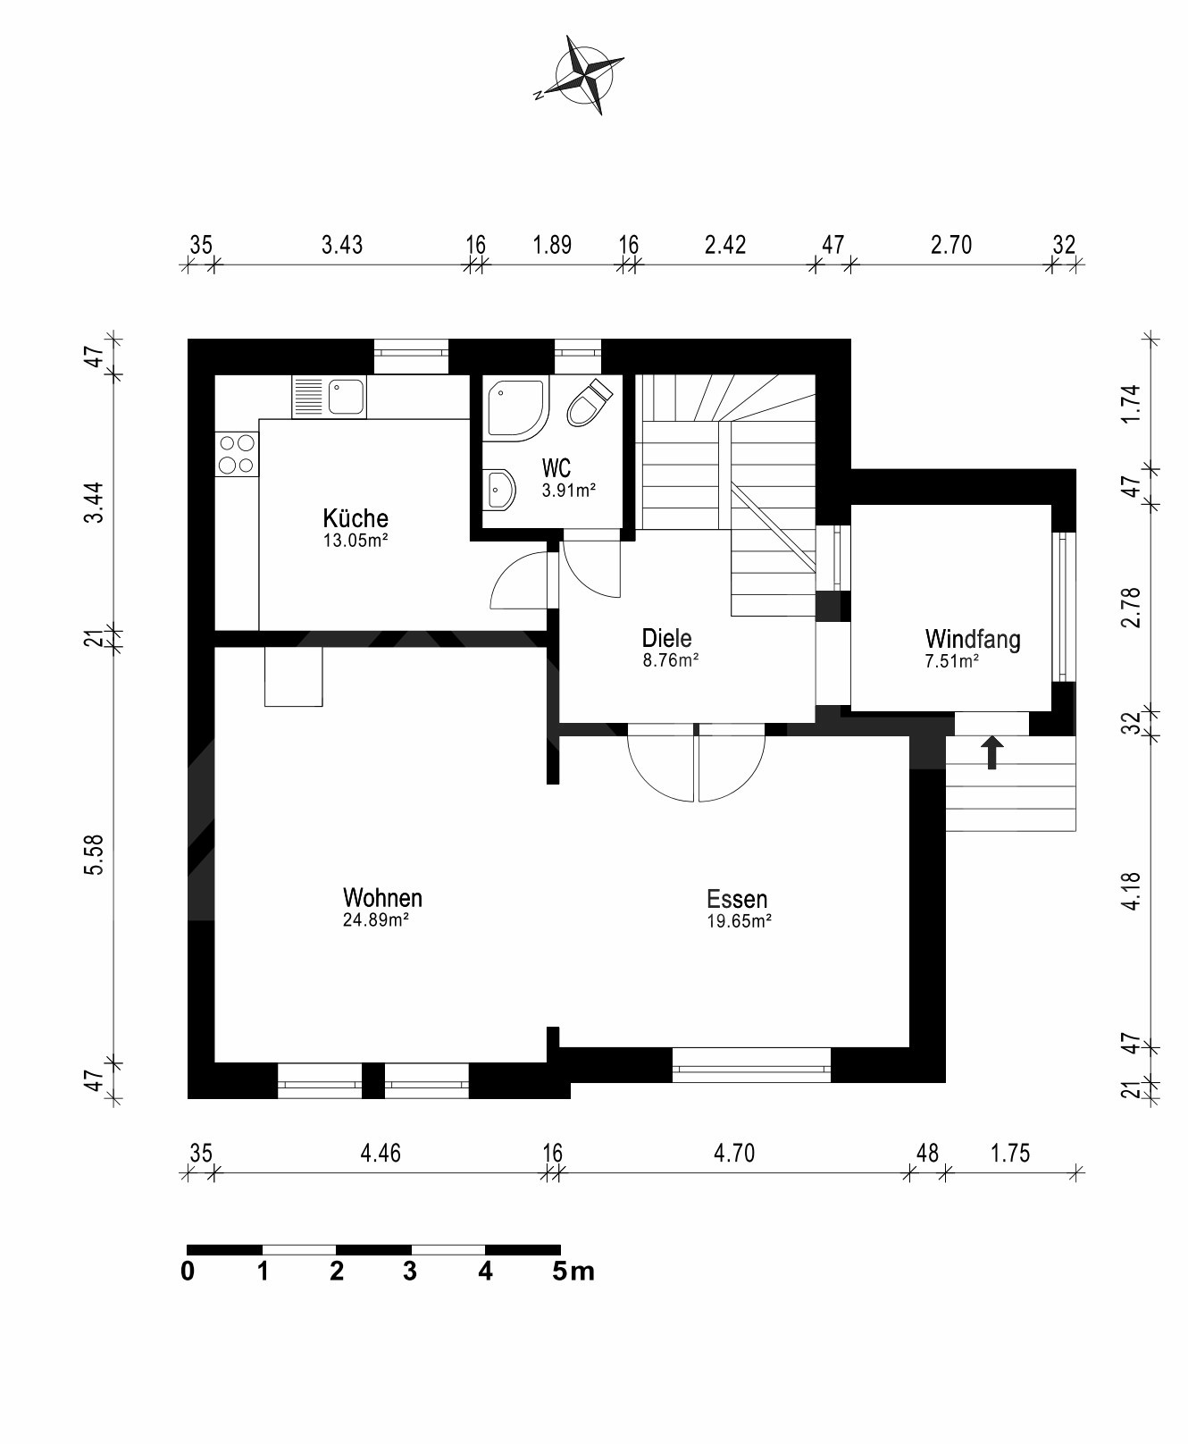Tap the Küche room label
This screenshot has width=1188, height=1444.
pyautogui.click(x=356, y=518)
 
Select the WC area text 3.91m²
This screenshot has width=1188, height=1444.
pyautogui.click(x=568, y=490)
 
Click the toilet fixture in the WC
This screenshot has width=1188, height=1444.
pyautogui.click(x=588, y=403)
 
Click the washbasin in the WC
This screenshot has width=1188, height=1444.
pyautogui.click(x=499, y=490)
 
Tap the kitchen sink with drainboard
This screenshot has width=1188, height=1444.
pyautogui.click(x=329, y=396)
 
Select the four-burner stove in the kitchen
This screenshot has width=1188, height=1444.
pyautogui.click(x=237, y=453)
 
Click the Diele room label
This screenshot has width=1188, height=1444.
pyautogui.click(x=666, y=638)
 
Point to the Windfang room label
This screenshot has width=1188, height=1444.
pyautogui.click(x=973, y=639)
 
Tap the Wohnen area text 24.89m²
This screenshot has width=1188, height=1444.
pyautogui.click(x=376, y=919)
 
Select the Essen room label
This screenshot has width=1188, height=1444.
pyautogui.click(x=737, y=898)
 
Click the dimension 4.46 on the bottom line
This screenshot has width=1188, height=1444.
pyautogui.click(x=381, y=1154)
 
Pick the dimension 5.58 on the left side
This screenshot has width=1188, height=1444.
pyautogui.click(x=94, y=857)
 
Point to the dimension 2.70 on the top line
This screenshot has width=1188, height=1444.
pyautogui.click(x=950, y=245)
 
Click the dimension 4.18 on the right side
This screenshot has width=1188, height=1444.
pyautogui.click(x=1132, y=890)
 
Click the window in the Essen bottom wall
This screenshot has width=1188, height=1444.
pyautogui.click(x=751, y=1064)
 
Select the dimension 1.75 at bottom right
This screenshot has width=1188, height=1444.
pyautogui.click(x=1010, y=1154)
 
